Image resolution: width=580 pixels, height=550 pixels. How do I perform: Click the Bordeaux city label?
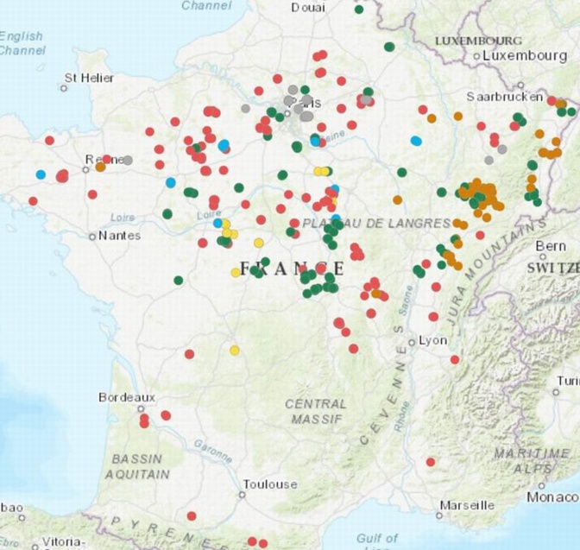pyautogui.click(x=126, y=397)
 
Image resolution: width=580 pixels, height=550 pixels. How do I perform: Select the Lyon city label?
pyautogui.click(x=433, y=340)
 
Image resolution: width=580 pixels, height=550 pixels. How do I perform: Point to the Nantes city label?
pyautogui.click(x=119, y=235)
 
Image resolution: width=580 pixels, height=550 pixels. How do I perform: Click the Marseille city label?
pyautogui.click(x=467, y=504)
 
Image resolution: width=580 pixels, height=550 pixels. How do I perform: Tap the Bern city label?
pyautogui.click(x=552, y=246)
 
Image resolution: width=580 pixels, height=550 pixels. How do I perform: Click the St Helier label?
pyautogui.click(x=90, y=78)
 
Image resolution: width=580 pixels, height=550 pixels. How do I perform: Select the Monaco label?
pyautogui.click(x=553, y=497)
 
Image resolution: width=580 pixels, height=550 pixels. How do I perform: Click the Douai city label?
pyautogui.click(x=308, y=8)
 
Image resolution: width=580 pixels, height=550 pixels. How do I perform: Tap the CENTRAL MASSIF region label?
pyautogui.click(x=317, y=411)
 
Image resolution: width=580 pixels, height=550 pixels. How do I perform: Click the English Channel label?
pyautogui.click(x=22, y=43)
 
